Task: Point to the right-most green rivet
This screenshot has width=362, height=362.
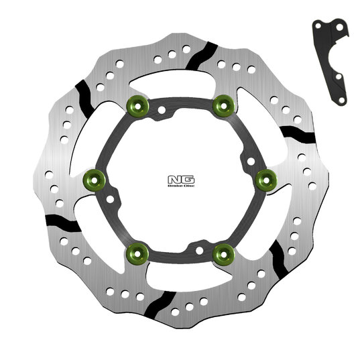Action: point(264,178)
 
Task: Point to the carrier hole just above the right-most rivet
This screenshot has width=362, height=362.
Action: point(249,161)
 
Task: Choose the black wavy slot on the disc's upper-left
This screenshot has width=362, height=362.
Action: point(86,99)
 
